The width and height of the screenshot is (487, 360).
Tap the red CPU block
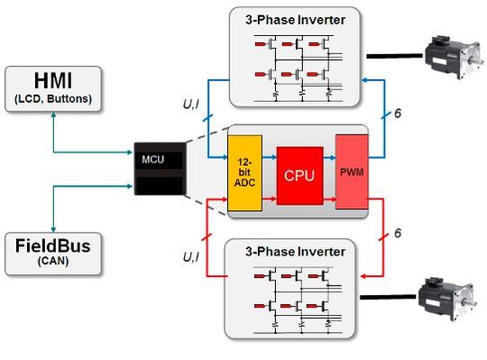tap(299, 174)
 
